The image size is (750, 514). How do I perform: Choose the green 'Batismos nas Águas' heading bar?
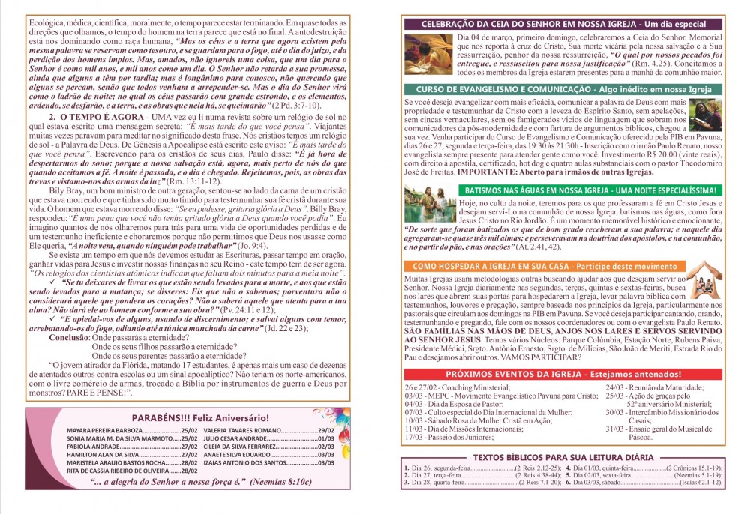[589, 190]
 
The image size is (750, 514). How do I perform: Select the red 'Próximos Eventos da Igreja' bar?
[563, 374]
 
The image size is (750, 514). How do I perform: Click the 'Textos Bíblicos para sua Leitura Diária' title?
[563, 457]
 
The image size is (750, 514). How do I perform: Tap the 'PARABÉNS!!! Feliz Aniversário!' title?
[200, 417]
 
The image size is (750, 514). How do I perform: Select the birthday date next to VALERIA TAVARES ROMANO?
[325, 431]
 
